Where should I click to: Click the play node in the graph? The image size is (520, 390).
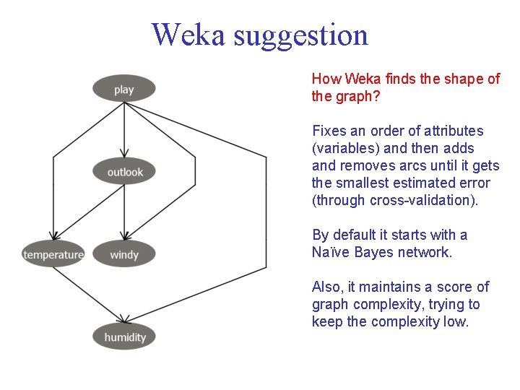click(124, 90)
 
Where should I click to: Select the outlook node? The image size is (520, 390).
click(125, 172)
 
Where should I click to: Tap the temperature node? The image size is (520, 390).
click(53, 254)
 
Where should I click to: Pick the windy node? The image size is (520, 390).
click(124, 254)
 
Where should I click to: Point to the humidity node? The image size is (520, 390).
click(125, 337)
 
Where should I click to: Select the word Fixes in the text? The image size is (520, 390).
click(329, 131)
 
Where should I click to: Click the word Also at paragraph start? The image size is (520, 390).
click(326, 287)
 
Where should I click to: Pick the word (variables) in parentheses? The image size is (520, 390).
click(344, 148)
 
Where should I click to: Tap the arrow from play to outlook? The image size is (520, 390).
click(124, 134)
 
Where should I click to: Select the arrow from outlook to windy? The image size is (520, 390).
click(124, 213)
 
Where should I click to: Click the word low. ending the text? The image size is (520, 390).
click(456, 321)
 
